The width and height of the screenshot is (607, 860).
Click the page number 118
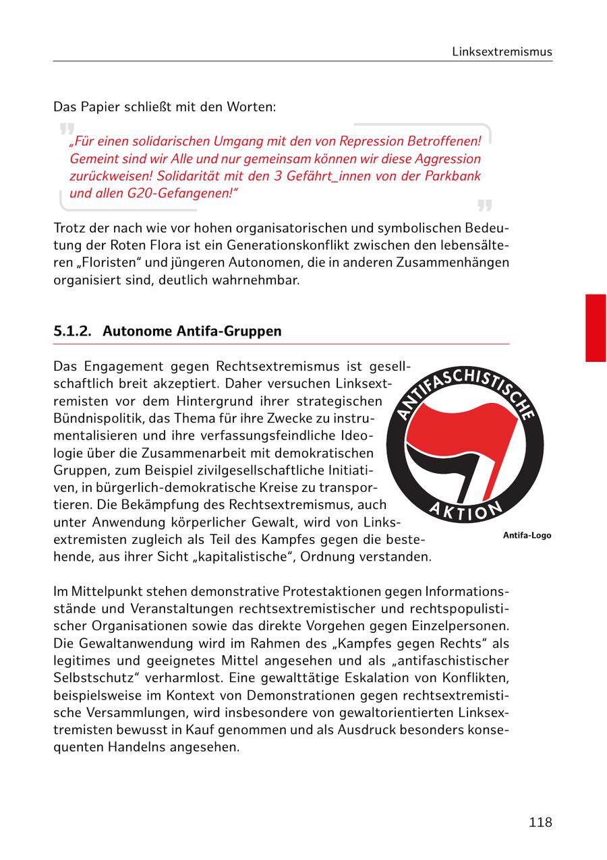(x=540, y=822)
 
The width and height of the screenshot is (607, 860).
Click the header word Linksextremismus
(x=502, y=52)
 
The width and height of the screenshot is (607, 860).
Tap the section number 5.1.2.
(x=73, y=332)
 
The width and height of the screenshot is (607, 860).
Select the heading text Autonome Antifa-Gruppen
(x=192, y=332)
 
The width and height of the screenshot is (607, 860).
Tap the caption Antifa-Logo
(x=526, y=536)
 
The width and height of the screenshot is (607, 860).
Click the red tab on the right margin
(x=595, y=328)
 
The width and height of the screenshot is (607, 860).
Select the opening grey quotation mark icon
(x=66, y=129)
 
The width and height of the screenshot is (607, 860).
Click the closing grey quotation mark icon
(x=484, y=205)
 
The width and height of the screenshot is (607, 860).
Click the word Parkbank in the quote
(x=455, y=176)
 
